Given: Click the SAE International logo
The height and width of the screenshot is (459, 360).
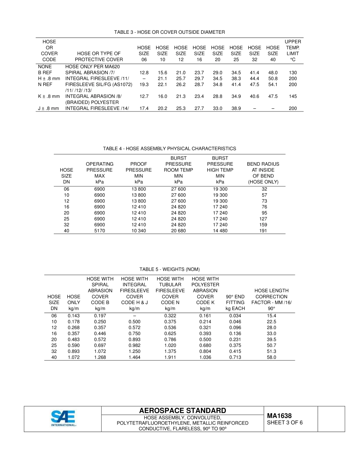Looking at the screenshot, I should tap(64, 418).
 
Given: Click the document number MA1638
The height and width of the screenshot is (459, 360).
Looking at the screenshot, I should tap(279, 416).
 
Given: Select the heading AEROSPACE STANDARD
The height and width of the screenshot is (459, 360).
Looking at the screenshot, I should tap(183, 411).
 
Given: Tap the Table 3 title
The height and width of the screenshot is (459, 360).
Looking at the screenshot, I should tap(169, 32).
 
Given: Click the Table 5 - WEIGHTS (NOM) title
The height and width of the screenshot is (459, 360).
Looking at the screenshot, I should tap(169, 269).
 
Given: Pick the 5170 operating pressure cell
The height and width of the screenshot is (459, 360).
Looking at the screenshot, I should tap(99, 231).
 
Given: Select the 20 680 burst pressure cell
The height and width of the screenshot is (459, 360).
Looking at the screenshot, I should tap(178, 231).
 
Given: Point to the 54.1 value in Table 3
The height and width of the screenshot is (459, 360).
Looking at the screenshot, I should tap(273, 85).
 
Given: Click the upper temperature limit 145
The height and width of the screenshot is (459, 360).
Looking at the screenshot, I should tap(293, 96).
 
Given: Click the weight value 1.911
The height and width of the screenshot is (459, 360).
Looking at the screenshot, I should tap(170, 357).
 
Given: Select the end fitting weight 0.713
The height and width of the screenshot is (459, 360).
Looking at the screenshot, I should tap(235, 357).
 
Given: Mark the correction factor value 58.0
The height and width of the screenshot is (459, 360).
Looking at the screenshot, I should tap(271, 357).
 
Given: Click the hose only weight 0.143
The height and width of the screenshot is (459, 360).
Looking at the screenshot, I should tap(74, 316).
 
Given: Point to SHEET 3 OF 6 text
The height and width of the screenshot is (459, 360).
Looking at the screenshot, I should tap(285, 423).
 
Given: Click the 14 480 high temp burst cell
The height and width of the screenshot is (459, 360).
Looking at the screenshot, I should tap(220, 231).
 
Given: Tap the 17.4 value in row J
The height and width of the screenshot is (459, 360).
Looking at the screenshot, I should tap(144, 108).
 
